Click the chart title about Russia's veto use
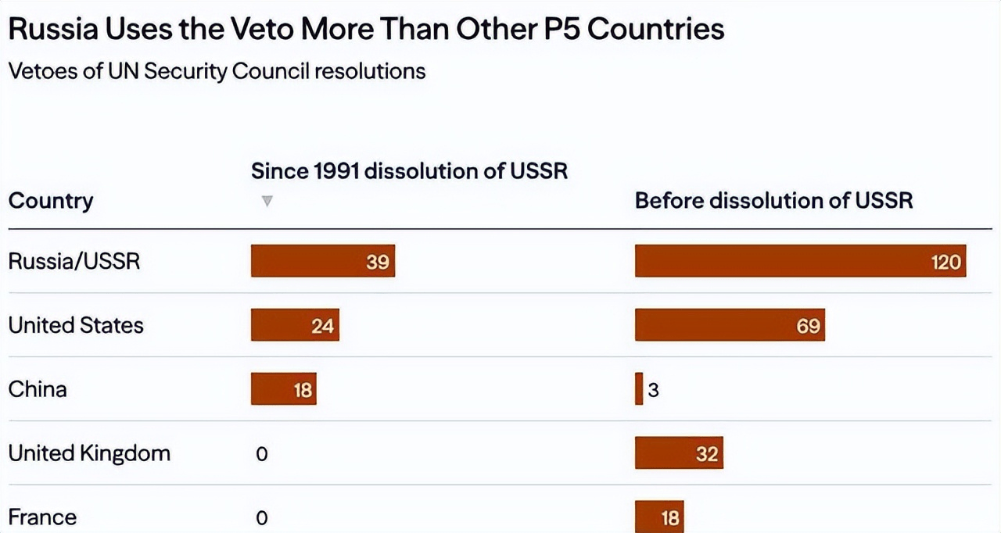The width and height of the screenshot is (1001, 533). point(366,30)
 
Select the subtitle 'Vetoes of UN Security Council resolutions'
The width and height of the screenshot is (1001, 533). point(217,71)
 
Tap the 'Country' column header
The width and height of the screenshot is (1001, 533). point(51,201)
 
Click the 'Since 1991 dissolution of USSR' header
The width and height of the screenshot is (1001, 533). point(409,171)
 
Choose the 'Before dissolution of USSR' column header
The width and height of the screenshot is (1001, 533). point(773,200)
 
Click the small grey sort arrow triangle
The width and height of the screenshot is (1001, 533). point(267,201)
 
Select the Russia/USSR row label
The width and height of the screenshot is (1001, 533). point(74,261)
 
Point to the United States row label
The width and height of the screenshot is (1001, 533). point(76,325)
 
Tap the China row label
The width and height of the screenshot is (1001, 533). point(38,389)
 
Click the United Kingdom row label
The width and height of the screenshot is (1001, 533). point(89,453)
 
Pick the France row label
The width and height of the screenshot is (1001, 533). point(42,517)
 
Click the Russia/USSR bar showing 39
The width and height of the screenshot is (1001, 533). point(323,261)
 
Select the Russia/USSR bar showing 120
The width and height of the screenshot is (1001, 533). point(800,261)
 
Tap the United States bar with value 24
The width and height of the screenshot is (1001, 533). point(295,324)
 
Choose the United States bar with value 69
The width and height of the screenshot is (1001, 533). point(730,324)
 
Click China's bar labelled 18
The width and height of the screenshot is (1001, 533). point(284,389)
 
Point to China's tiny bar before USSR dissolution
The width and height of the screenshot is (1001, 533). point(639,389)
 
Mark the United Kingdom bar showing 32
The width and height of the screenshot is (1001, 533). point(679,453)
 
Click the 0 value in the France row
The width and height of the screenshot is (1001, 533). point(262,518)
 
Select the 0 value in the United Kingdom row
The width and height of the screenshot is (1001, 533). point(262,454)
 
